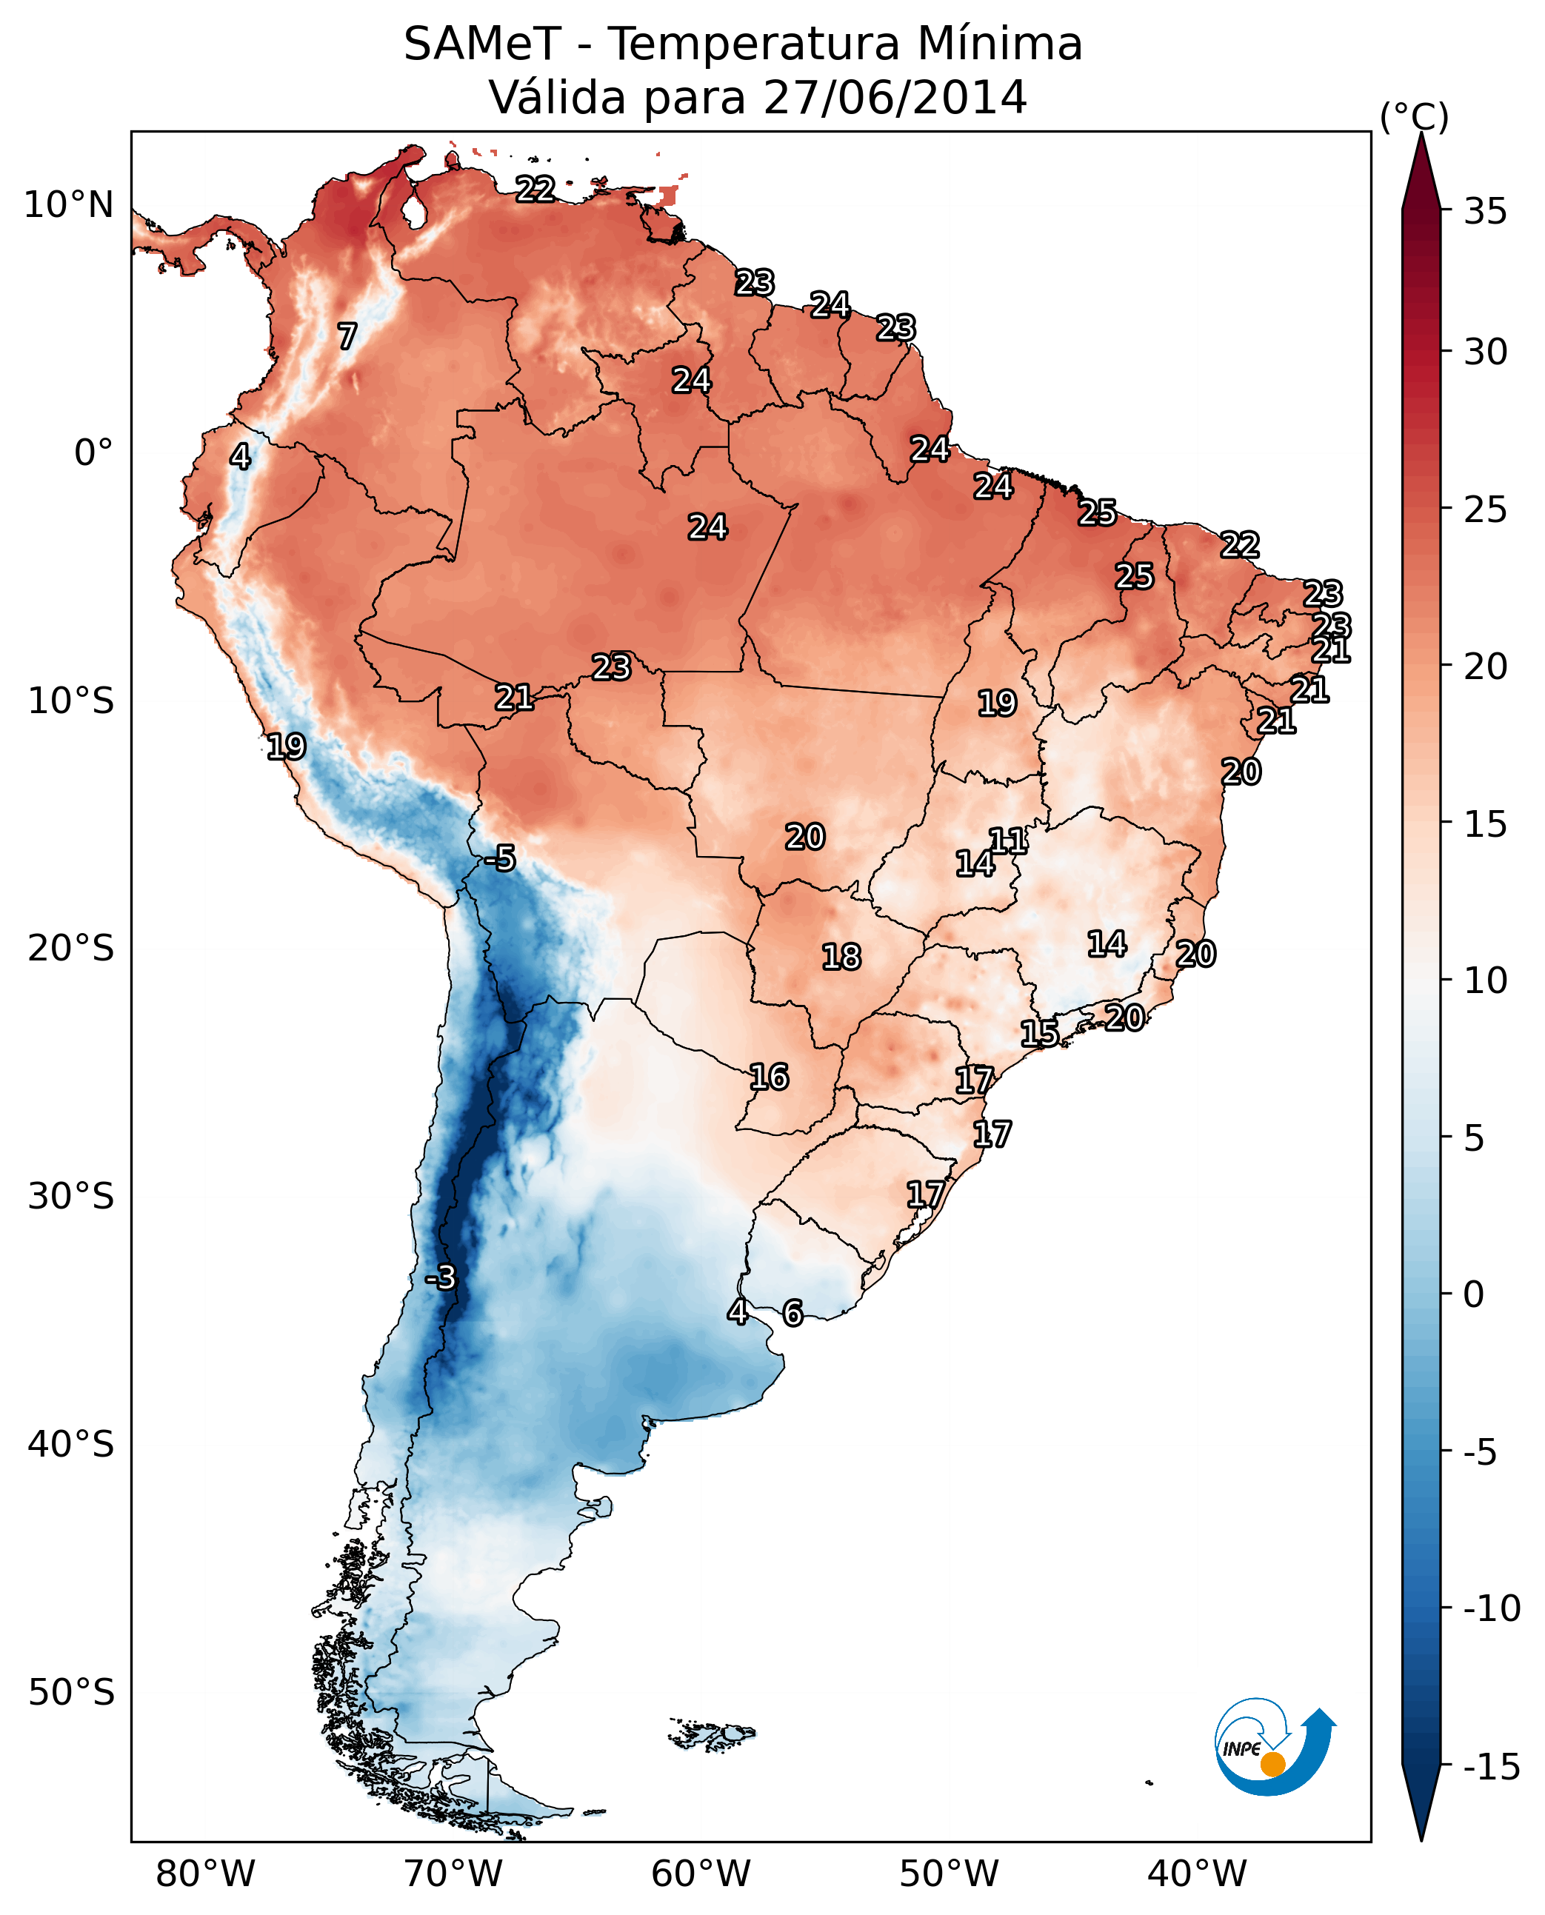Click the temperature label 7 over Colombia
point(347,336)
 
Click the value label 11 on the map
point(1007,841)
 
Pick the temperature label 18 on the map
point(841,957)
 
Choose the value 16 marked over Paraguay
point(769,1077)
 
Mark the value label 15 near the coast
point(1039,1034)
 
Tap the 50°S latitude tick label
point(71,1691)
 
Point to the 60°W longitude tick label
point(701,1874)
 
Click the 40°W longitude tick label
point(1197,1874)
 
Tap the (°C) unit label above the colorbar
point(1414,116)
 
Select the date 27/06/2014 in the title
point(895,97)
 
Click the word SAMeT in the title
point(481,44)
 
